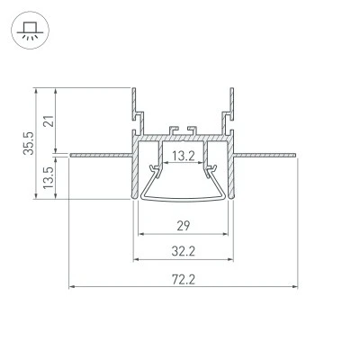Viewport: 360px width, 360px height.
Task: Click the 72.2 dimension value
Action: (184, 280)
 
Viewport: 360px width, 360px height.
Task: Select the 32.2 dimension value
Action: (184, 251)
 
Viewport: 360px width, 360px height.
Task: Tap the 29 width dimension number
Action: (184, 226)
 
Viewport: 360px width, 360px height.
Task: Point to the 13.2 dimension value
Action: (184, 156)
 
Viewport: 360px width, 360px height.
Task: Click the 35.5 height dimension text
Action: (29, 143)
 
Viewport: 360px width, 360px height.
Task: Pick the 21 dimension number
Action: (49, 121)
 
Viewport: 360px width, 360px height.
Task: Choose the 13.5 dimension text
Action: (48, 178)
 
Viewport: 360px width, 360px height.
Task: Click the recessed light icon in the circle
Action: (30, 31)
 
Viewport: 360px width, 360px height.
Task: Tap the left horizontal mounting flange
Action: (101, 155)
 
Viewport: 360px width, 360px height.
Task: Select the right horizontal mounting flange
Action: (265, 155)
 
